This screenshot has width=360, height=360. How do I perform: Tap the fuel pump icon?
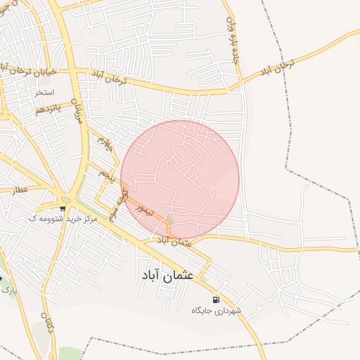215,300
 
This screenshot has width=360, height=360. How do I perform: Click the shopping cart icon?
63,209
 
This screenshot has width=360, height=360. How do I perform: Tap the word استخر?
44,92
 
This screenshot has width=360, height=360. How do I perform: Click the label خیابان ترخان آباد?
26,70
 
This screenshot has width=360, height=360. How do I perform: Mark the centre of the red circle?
180,179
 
